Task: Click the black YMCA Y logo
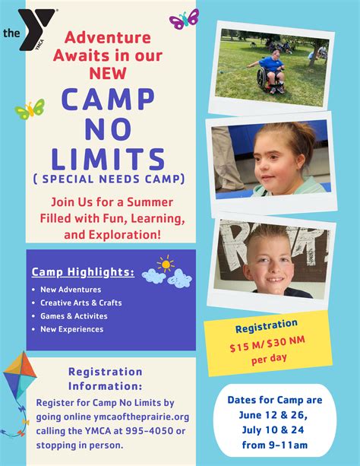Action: (36, 29)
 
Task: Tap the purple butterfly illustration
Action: (184, 19)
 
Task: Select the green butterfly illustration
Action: (30, 109)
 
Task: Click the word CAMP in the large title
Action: (108, 98)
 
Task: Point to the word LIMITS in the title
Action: (108, 159)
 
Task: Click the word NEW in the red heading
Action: (108, 73)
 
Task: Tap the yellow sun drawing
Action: (166, 264)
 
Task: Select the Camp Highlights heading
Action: (83, 272)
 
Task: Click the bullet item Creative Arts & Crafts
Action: (81, 303)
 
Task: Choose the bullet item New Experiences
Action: (72, 329)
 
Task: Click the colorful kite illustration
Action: (20, 376)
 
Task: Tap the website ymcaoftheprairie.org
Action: (141, 417)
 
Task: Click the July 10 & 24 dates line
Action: (273, 430)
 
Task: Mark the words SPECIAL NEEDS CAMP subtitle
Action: (109, 179)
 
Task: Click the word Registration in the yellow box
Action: (267, 326)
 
